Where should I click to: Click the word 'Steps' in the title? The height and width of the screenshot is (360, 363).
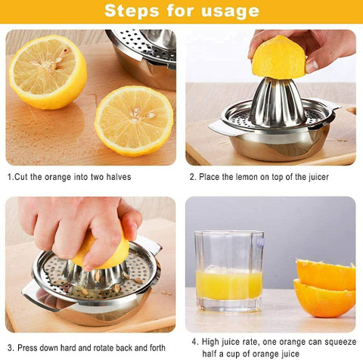point(130,11)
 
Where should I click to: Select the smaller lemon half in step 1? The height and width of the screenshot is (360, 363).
point(134,120)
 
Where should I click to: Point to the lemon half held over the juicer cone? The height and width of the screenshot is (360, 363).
point(279,58)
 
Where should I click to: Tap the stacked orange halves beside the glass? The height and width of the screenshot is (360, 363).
point(325,287)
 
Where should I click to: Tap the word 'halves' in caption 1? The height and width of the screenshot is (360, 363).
point(117,177)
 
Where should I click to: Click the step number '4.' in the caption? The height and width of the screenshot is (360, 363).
point(194,341)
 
